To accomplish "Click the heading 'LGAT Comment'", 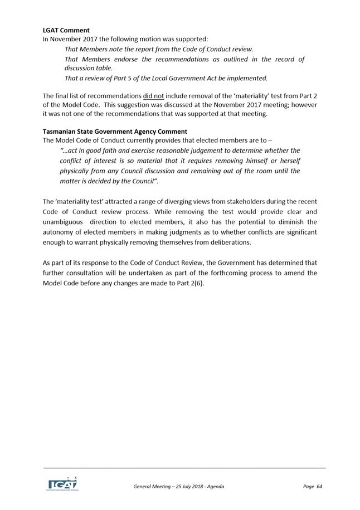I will [66, 30].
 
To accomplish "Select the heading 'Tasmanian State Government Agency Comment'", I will [115, 132].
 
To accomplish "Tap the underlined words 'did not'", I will [153, 96].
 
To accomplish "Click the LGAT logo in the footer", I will [62, 483].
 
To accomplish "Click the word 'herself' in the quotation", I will [288, 161].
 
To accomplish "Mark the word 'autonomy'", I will [58, 232].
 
